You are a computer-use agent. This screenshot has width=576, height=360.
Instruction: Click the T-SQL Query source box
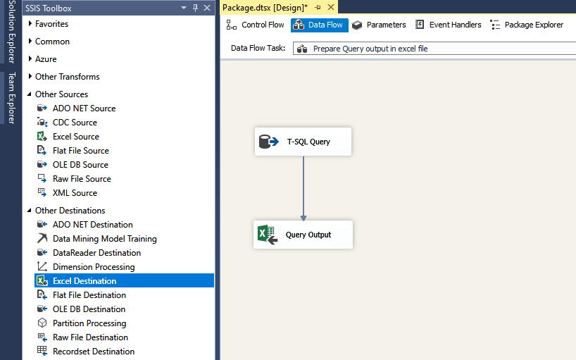(303, 142)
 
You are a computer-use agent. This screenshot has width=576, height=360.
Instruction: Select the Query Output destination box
(303, 235)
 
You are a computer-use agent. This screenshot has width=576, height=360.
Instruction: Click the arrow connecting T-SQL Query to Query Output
(303, 188)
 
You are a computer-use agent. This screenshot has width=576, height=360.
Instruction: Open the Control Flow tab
(256, 25)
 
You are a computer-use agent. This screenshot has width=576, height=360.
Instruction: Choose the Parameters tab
(379, 25)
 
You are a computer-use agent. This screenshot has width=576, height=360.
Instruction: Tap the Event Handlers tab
(448, 25)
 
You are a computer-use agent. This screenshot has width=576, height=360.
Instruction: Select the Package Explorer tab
(527, 25)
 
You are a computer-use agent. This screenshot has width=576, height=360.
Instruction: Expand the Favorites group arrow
(30, 23)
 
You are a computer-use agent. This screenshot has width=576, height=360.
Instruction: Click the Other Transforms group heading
(67, 77)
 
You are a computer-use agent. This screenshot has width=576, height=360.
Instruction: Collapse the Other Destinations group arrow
(30, 210)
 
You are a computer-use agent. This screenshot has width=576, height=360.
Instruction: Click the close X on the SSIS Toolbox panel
(207, 8)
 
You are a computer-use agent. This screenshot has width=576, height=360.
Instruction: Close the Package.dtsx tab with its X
(331, 7)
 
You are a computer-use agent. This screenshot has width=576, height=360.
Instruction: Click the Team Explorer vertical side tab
(11, 98)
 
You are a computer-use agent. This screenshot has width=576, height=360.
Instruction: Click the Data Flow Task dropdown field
(434, 49)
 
